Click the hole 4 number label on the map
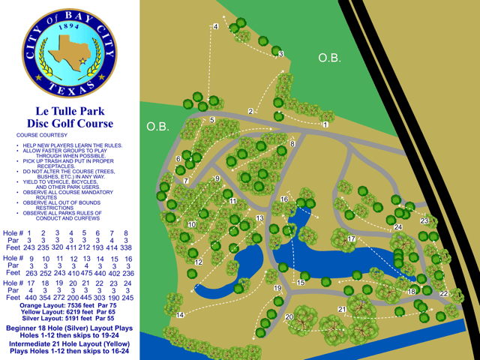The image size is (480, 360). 215,27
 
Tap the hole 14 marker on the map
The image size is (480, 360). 180,316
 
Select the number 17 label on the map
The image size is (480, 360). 350,238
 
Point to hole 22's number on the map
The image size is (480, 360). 443,294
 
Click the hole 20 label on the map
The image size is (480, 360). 289,317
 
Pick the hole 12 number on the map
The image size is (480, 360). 199,262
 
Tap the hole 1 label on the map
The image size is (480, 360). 325,124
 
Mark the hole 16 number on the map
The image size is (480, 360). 283,199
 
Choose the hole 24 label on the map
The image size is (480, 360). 397,227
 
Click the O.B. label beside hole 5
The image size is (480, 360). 157,126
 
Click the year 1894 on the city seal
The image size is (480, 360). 69,26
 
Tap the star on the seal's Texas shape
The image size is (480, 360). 81,60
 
